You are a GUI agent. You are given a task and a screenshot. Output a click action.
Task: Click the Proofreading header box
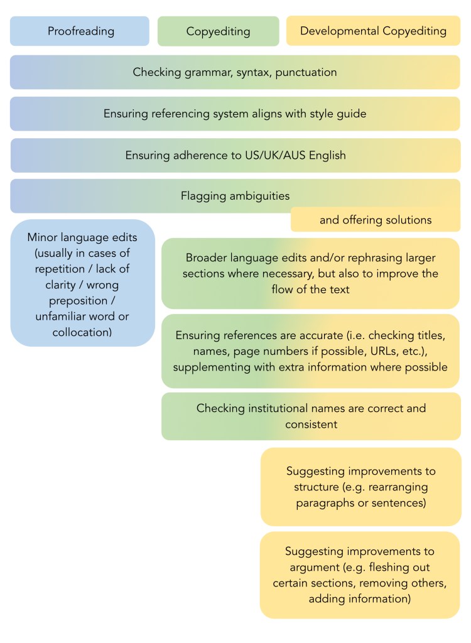[x=80, y=31]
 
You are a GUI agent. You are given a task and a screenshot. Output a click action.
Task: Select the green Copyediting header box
[x=218, y=31]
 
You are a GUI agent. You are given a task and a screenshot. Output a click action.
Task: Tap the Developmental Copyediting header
[x=373, y=31]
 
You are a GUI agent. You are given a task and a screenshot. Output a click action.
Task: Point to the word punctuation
[x=305, y=72]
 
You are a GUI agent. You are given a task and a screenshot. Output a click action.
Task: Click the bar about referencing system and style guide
[x=235, y=114]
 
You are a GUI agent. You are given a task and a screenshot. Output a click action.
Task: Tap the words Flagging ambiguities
[x=235, y=196]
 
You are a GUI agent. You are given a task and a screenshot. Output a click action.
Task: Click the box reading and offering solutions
[x=375, y=220]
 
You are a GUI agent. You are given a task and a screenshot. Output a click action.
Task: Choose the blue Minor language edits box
[x=82, y=283]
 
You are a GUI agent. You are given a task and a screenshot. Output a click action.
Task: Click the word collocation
[x=82, y=332]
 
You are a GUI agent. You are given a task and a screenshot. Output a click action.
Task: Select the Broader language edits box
[x=310, y=273]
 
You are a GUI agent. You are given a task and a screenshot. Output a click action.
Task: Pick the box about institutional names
[x=310, y=416]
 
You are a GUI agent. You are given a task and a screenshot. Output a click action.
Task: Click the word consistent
[x=311, y=424]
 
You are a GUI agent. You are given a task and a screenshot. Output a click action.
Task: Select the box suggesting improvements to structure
[x=360, y=487]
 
